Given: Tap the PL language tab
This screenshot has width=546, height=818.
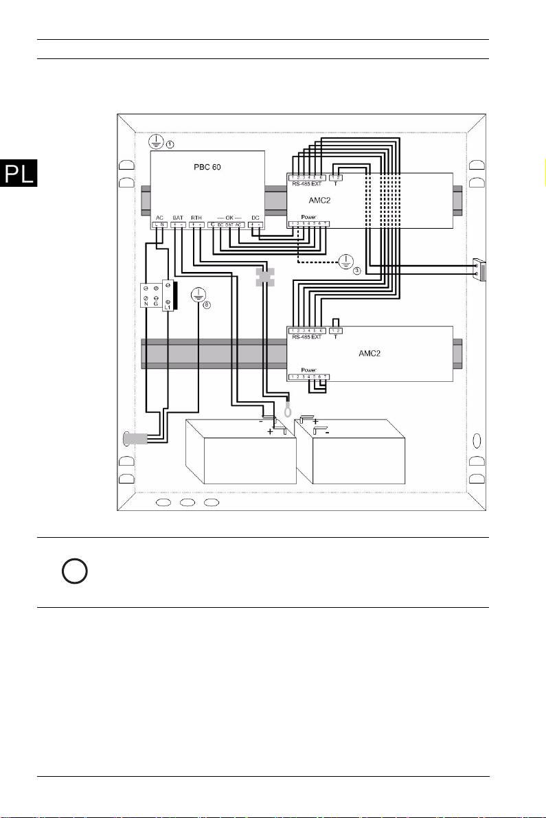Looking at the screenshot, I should (19, 174).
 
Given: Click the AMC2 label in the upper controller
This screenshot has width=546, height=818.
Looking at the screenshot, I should (321, 199).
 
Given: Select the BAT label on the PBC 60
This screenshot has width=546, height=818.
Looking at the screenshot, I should (178, 217).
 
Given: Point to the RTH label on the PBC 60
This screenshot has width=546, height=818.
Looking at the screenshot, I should (196, 217).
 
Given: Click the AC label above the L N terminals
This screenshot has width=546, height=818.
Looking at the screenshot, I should (158, 217).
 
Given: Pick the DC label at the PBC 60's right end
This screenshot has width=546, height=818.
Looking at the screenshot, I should (255, 217).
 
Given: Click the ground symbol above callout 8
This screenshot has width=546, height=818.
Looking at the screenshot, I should (198, 294).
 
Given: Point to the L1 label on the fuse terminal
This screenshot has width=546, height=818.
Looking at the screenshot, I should (167, 308).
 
